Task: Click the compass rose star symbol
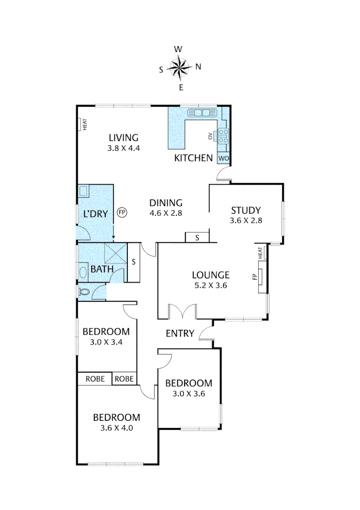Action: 180,68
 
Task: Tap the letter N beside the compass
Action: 198,67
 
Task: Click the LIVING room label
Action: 124,138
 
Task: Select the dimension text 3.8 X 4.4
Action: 124,148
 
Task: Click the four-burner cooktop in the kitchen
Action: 223,136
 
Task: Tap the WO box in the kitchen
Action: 224,158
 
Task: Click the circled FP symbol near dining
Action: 122,212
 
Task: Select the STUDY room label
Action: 246,211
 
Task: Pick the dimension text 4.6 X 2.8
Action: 166,213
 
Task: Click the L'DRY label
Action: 96,213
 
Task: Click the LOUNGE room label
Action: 211,275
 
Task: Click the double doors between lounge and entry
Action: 183,312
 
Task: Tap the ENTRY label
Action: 180,333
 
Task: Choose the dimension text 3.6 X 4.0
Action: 117,428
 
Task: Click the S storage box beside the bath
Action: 134,262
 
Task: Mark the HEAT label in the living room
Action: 84,125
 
